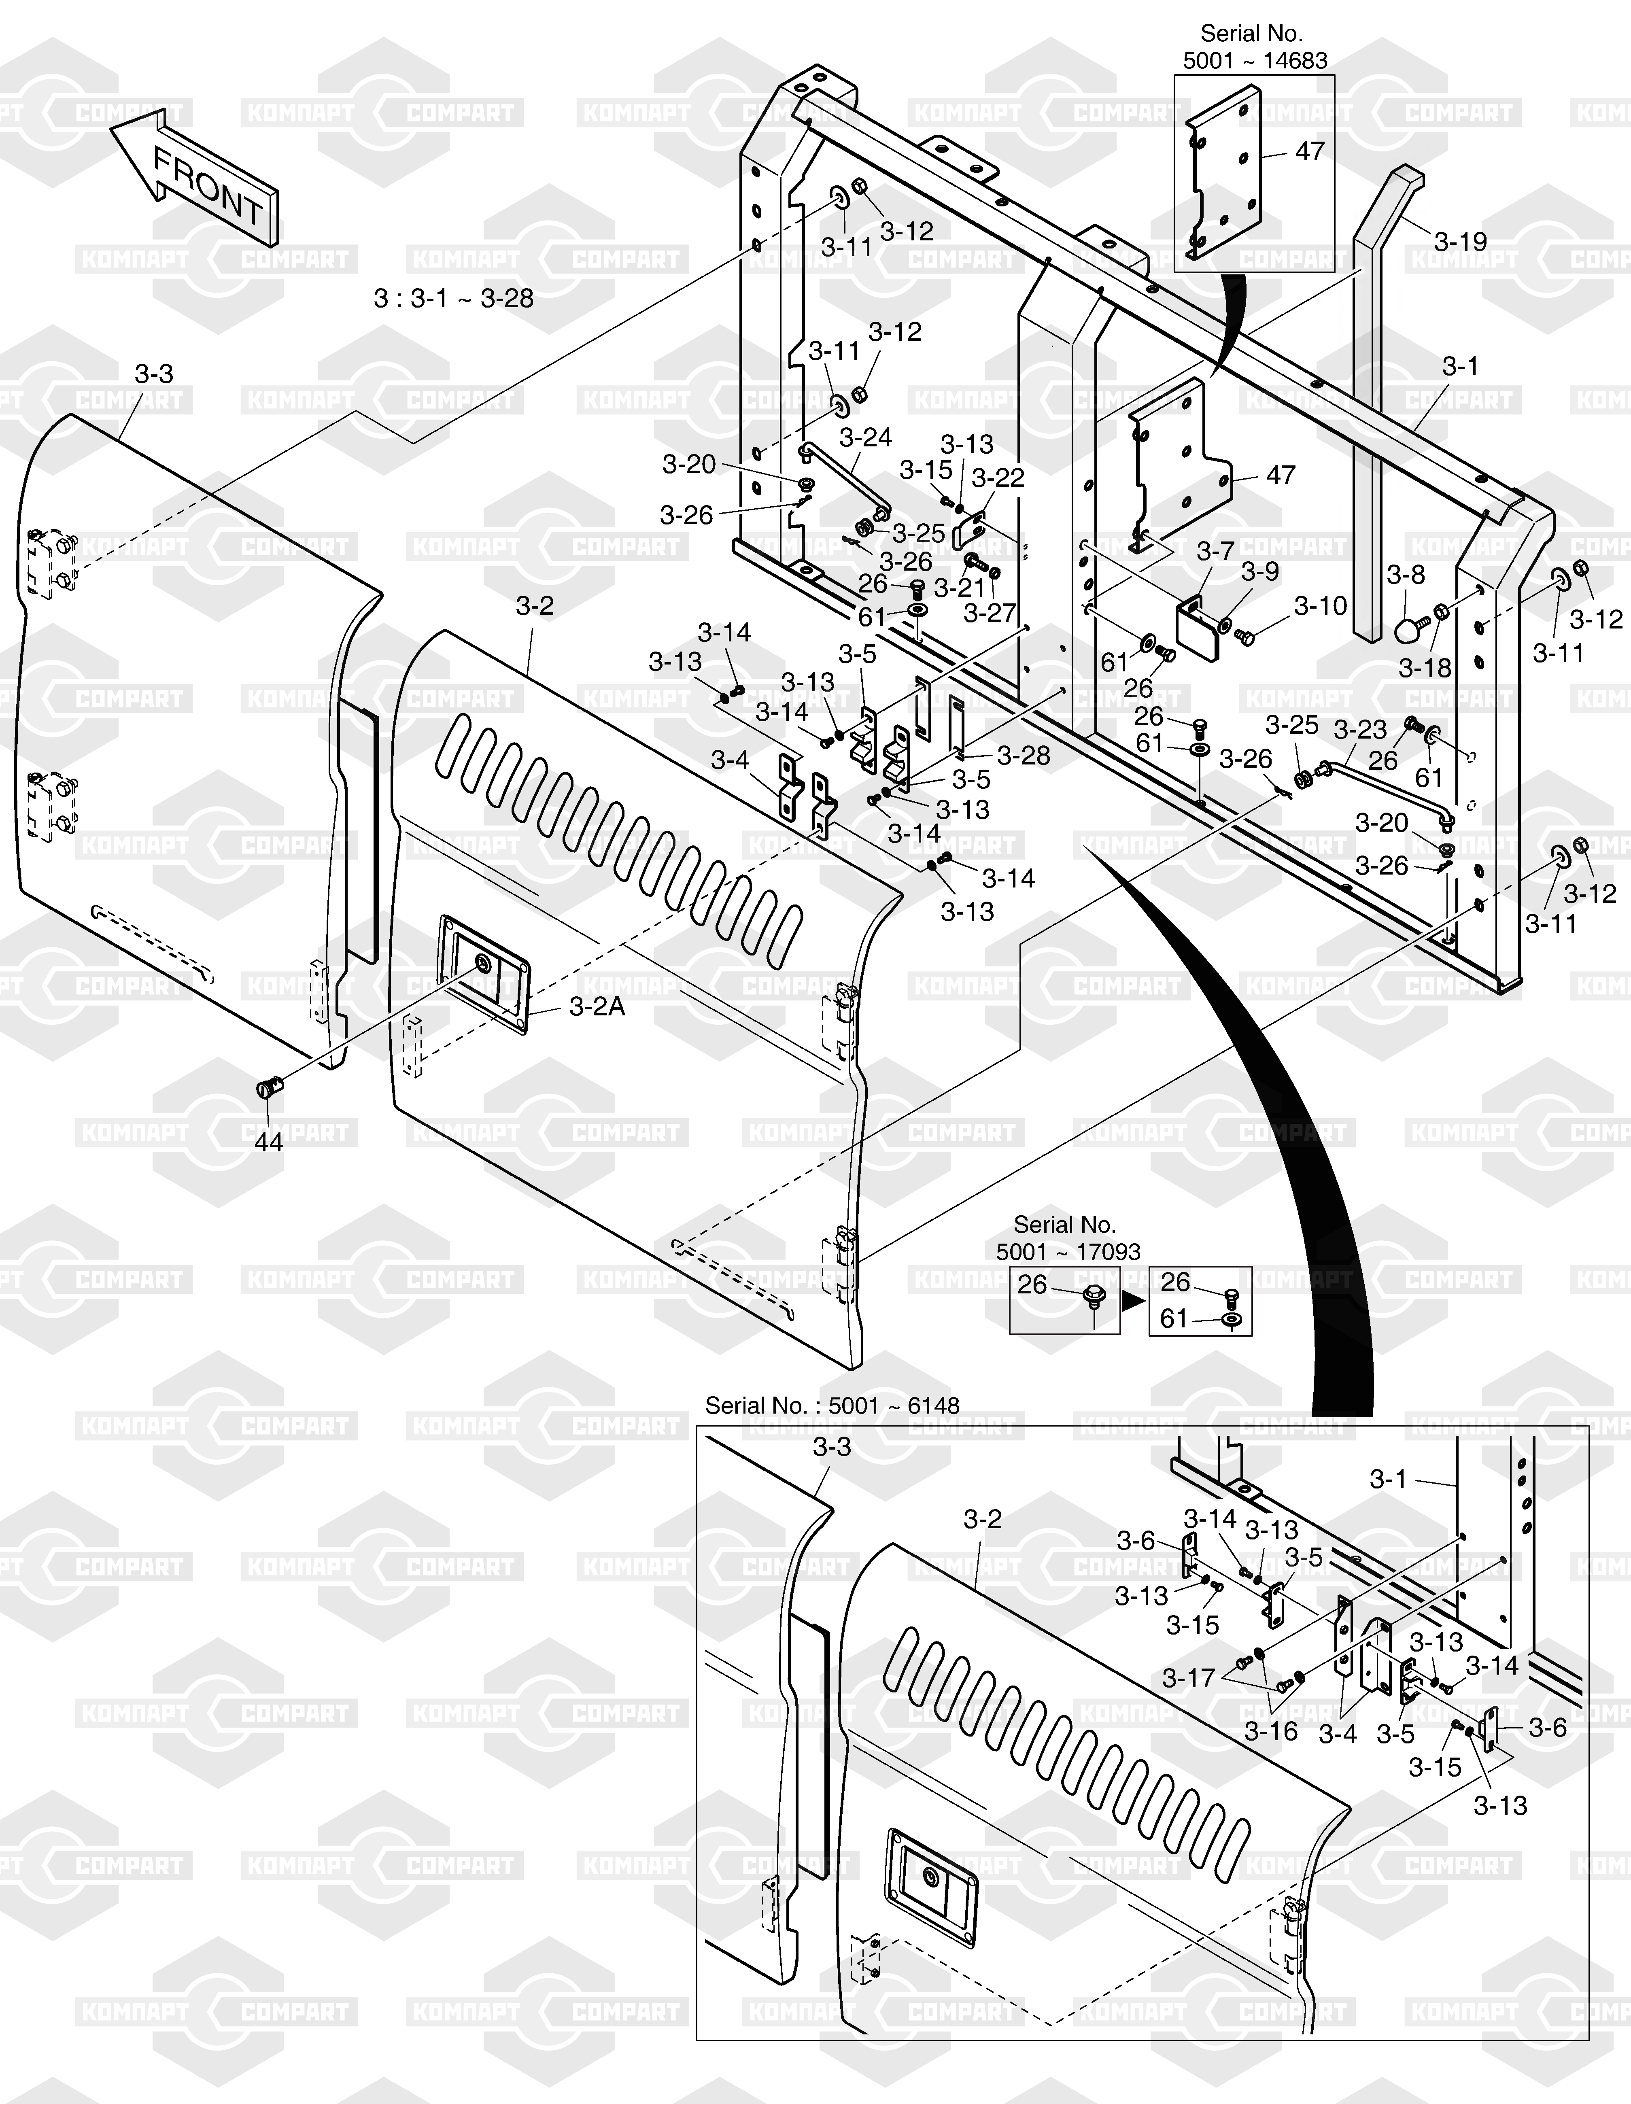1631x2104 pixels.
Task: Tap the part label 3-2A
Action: click(597, 1007)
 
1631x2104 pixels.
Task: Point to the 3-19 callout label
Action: click(1461, 242)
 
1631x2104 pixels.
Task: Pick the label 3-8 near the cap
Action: click(1406, 575)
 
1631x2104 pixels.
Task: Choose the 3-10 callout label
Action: click(1321, 606)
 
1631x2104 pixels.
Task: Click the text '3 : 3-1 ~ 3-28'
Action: click(454, 299)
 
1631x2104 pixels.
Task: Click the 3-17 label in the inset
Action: click(1189, 1678)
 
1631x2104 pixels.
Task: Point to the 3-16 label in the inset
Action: click(1272, 1731)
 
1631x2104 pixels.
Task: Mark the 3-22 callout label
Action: click(998, 478)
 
